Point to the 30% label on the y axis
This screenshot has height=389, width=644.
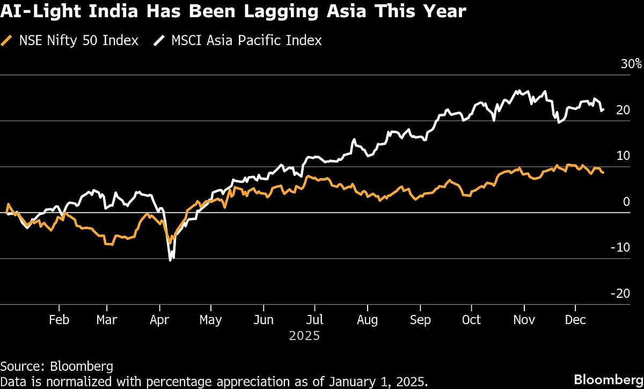coord(631,64)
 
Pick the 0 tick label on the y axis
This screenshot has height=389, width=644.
coord(626,202)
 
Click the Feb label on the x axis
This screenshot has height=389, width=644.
coord(58,320)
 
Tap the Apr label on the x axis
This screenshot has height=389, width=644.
coord(159,320)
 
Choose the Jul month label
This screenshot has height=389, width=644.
coord(315,320)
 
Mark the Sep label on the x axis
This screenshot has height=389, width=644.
coord(420,320)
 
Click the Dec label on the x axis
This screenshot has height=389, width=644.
coord(575,320)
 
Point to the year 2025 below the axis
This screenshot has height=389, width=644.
coord(304,336)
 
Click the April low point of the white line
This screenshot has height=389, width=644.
coord(170,260)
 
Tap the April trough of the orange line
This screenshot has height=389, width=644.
coord(170,243)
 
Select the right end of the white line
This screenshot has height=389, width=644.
coord(603,109)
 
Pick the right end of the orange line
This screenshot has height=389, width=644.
coord(603,173)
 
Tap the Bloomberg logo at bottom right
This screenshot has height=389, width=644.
coord(608,379)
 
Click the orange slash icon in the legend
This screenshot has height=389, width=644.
coord(6,40)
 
